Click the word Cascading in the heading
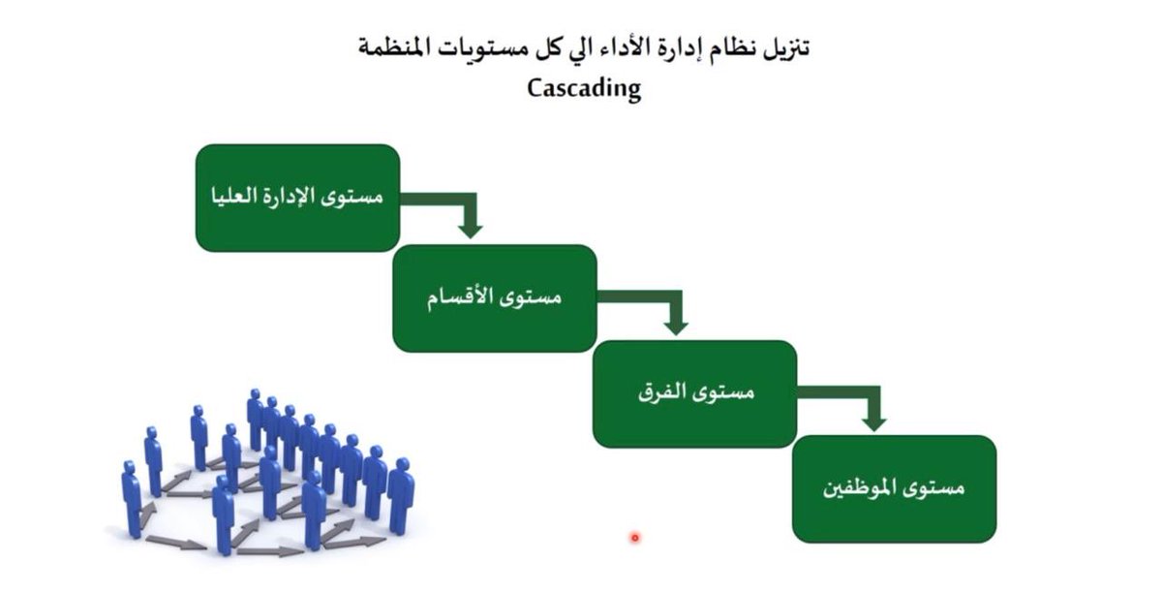pos(584,88)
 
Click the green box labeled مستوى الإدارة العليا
pos(297,198)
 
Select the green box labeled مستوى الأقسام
pos(494,297)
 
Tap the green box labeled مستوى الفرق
pos(694,393)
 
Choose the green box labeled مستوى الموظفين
pos(894,488)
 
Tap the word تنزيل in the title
pos(783,47)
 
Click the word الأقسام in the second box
pos(461,297)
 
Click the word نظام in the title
pos(726,47)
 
